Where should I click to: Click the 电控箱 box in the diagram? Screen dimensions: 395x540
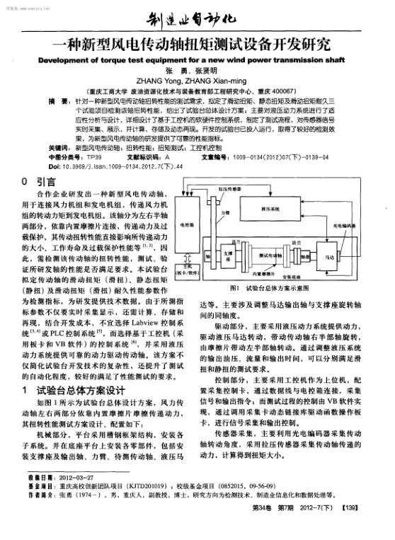[x=188, y=224]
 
